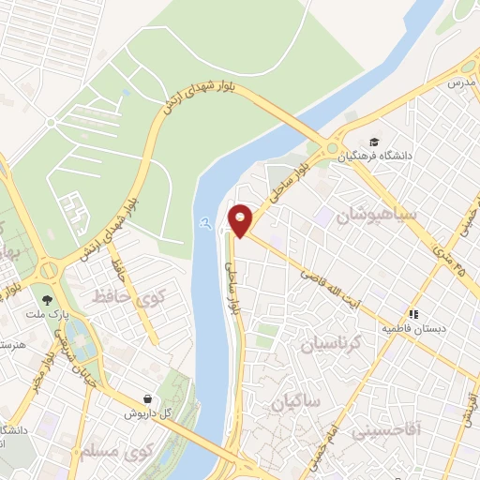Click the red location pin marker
(x=241, y=220)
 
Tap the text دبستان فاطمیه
(x=412, y=330)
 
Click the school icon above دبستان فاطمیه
(x=412, y=314)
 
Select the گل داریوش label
(x=147, y=412)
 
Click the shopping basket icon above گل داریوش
(x=147, y=397)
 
